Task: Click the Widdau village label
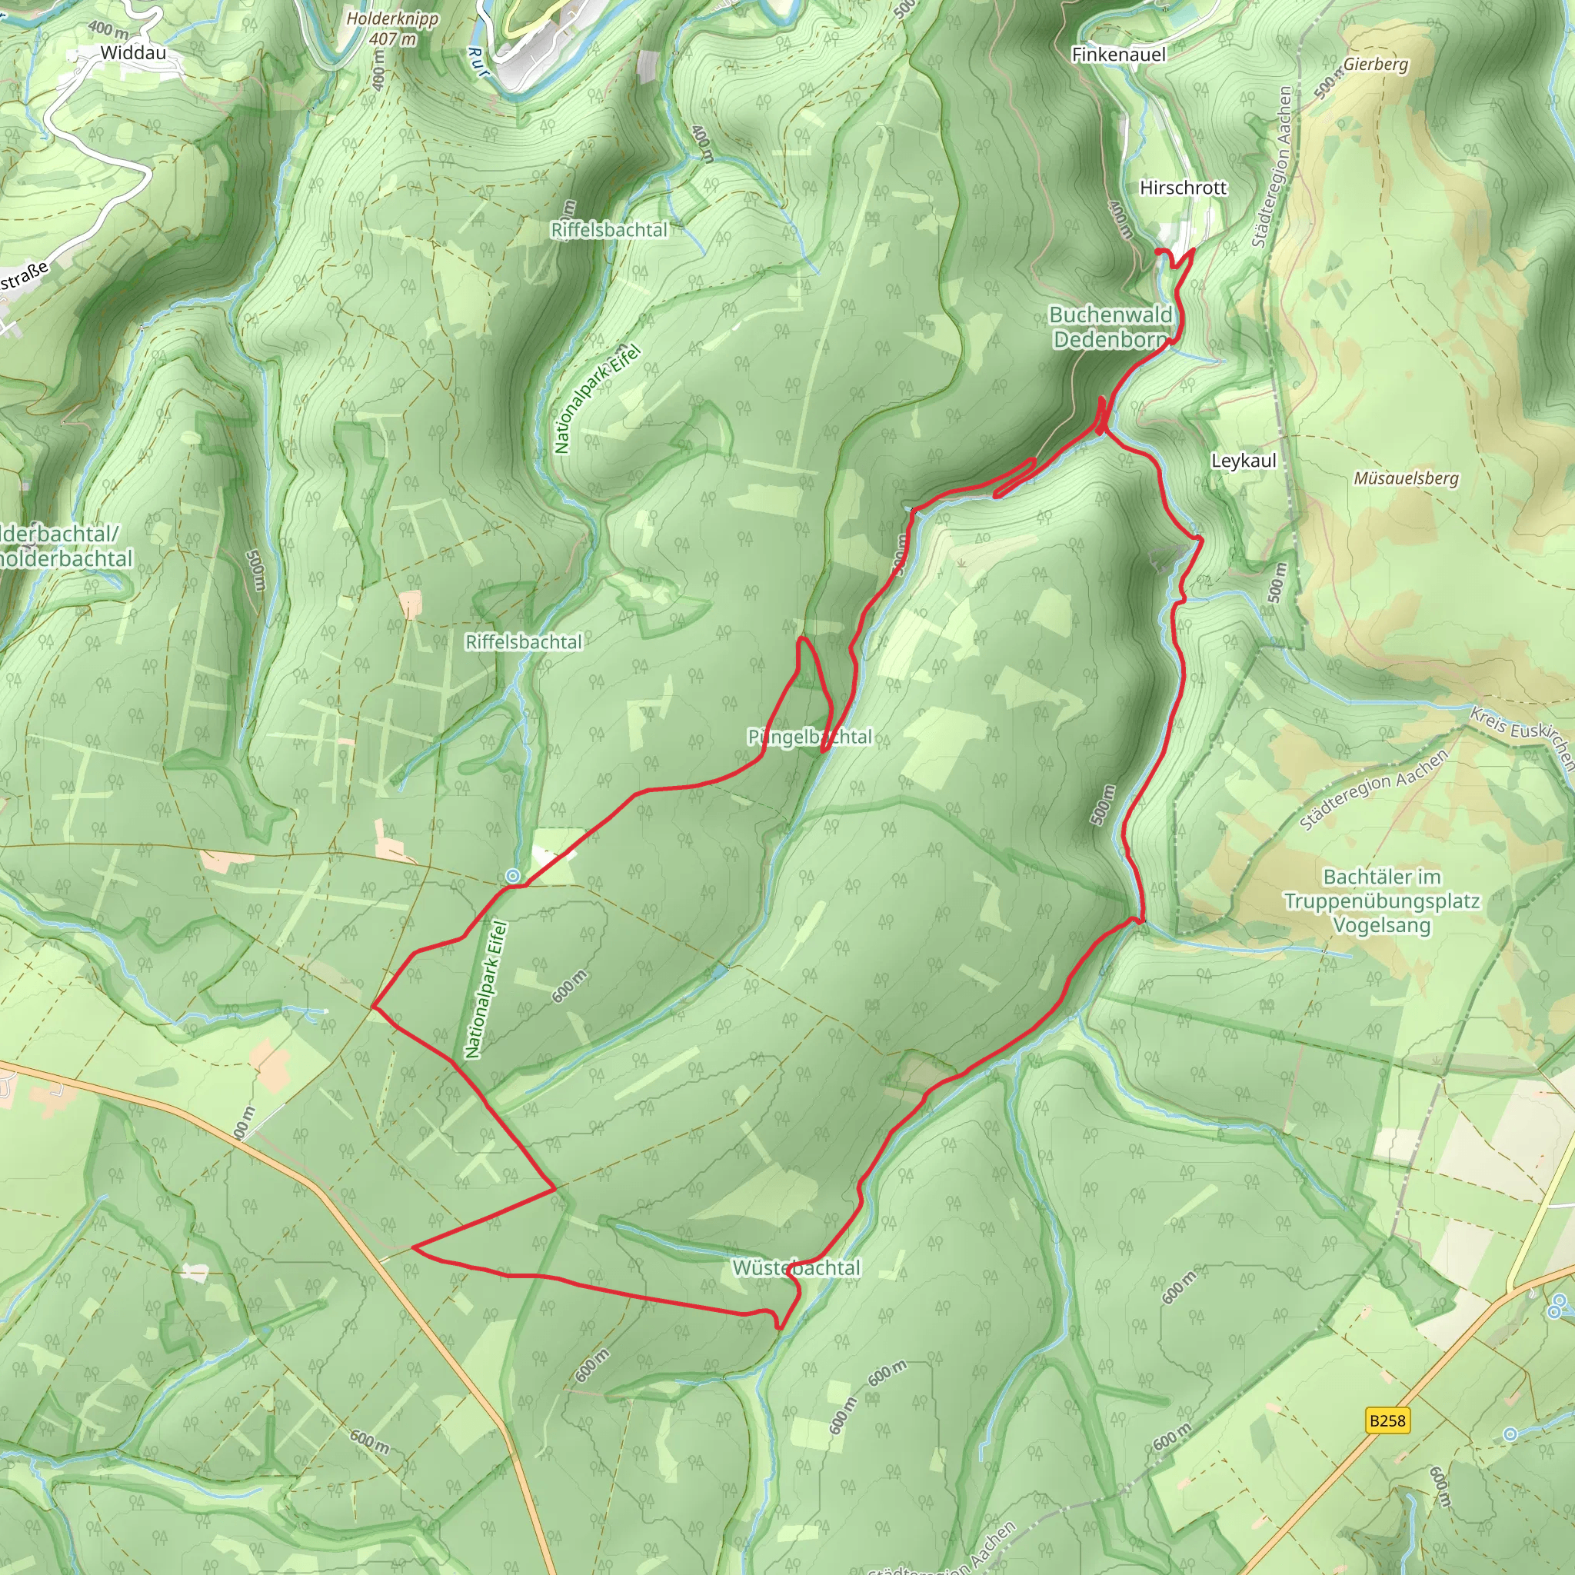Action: point(133,53)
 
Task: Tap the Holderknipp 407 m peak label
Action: point(392,28)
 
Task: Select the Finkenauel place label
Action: point(1118,55)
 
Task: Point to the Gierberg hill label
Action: point(1375,64)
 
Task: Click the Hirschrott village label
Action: point(1182,188)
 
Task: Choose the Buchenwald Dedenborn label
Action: point(1111,327)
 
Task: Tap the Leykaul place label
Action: point(1244,461)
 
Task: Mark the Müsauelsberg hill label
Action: point(1406,478)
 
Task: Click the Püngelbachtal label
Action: point(810,737)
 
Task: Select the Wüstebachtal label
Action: point(796,1267)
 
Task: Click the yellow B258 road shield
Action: point(1387,1421)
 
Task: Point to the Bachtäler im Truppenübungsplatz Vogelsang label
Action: point(1382,901)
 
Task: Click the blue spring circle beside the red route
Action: point(513,877)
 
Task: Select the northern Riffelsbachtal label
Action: point(609,230)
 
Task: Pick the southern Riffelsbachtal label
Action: point(524,642)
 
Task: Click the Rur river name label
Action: point(478,62)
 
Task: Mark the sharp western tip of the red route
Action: point(373,1007)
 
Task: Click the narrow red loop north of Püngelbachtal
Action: point(814,689)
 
